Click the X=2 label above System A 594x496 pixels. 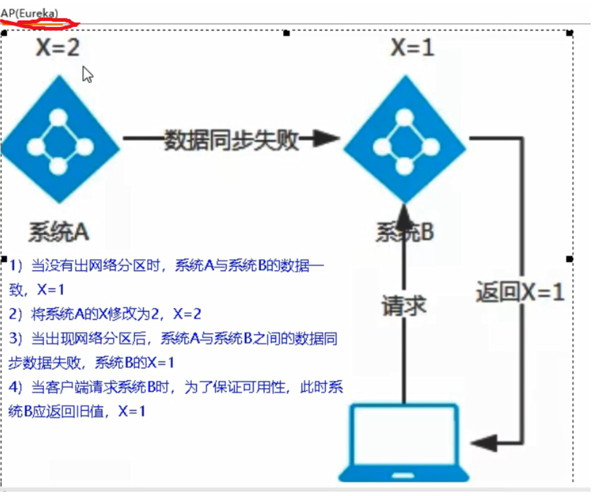58,48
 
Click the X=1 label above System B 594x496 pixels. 412,48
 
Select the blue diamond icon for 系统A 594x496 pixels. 59,139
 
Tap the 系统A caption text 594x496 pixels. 59,232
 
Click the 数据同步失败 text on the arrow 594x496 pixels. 231,140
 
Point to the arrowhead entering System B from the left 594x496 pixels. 326,139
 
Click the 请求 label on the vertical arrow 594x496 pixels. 404,306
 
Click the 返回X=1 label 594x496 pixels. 520,292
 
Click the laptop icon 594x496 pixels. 404,442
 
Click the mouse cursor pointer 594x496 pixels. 87,74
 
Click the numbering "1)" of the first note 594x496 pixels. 16,265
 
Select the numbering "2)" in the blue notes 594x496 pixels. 16,314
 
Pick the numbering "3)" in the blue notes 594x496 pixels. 16,339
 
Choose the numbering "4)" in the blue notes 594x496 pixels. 16,387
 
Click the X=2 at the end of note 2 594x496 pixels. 187,314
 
